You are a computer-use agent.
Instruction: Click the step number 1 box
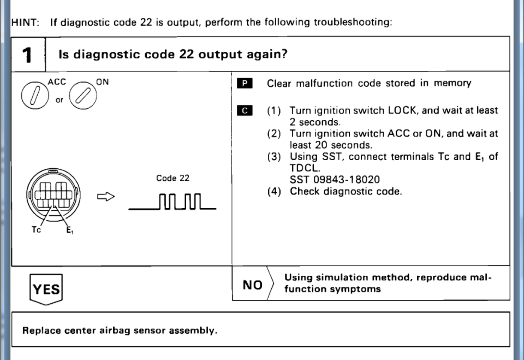click(27, 55)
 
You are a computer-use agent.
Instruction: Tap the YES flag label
click(46, 289)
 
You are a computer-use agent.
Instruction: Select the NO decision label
click(252, 284)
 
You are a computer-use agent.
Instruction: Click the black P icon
click(245, 84)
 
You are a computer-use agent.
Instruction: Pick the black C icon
click(245, 110)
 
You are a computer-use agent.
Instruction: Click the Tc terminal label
click(36, 230)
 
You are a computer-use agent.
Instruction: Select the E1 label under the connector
click(69, 230)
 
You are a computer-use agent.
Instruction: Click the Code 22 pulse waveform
click(172, 203)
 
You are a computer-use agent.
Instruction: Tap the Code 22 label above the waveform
click(172, 178)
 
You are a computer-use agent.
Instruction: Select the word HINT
click(23, 23)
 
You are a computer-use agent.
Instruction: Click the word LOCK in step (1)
click(402, 110)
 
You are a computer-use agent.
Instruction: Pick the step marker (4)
click(274, 192)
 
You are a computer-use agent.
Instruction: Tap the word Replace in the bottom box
click(39, 331)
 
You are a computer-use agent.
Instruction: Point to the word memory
click(452, 84)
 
